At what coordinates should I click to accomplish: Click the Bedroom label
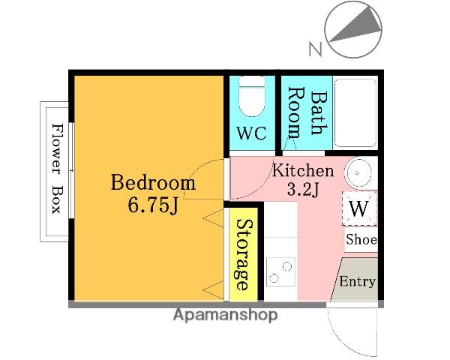click(x=153, y=182)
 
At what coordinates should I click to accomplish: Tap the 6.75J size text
click(x=153, y=205)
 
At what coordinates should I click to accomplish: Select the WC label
click(x=252, y=133)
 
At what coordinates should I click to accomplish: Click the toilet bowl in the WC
click(x=252, y=97)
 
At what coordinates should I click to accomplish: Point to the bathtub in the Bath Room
click(x=355, y=112)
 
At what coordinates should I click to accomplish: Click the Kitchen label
click(x=303, y=170)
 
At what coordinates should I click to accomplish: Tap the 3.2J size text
click(x=303, y=190)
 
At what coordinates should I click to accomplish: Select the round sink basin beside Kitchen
click(x=357, y=172)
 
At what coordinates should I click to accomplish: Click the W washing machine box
click(x=359, y=208)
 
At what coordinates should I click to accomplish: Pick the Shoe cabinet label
click(x=361, y=239)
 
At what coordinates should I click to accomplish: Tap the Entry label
click(x=357, y=281)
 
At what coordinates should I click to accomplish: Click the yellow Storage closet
click(x=244, y=254)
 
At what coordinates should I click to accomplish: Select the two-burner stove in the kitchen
click(x=280, y=271)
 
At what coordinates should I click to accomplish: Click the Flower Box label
click(x=57, y=169)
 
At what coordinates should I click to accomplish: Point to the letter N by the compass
click(x=315, y=49)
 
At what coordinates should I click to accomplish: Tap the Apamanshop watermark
click(x=226, y=315)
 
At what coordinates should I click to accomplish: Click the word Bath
click(x=319, y=113)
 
